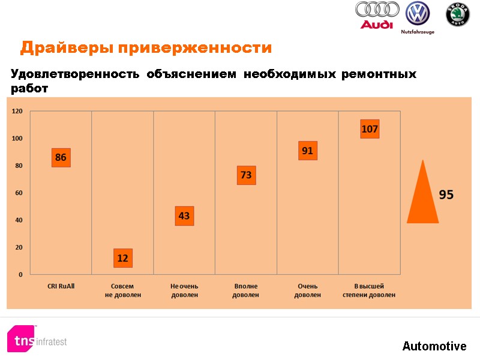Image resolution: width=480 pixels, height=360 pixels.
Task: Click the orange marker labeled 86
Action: pos(61,157)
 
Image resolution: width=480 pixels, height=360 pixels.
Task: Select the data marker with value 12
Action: pos(122,258)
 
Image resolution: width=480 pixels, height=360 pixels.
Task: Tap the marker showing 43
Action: pos(184,215)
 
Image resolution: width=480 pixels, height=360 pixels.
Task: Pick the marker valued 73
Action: pos(246,175)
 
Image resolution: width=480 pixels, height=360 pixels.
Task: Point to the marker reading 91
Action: pos(307,151)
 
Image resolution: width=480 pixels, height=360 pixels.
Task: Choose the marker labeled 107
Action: pos(370,129)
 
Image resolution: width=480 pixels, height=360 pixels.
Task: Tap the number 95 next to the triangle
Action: pos(446,195)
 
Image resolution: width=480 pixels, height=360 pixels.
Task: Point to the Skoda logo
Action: pos(457,15)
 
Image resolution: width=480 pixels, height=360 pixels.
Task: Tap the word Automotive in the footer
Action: pos(434,346)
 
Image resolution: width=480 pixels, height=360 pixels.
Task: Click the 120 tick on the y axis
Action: pos(17,111)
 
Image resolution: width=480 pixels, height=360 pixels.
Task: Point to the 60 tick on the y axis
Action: pos(19,193)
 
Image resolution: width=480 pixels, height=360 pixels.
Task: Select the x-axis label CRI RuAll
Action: pos(61,286)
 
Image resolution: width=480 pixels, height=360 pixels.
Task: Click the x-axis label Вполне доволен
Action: pos(246,290)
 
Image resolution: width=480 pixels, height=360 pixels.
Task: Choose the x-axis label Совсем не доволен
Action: pos(122,290)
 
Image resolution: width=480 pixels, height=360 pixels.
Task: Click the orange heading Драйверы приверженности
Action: pos(146,47)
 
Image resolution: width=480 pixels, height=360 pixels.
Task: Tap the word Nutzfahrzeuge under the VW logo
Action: pos(418,32)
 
